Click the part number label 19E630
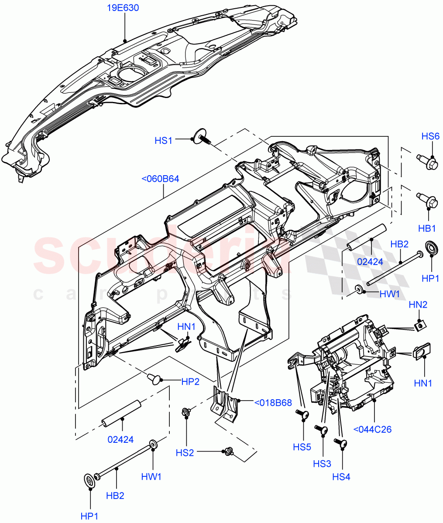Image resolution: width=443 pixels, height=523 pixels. [x=124, y=8]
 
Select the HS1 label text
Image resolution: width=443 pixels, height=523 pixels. [x=163, y=140]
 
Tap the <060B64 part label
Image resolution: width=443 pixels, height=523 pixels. [x=160, y=179]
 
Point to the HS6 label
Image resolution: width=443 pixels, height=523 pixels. [x=430, y=136]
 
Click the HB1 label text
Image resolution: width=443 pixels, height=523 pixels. [x=428, y=228]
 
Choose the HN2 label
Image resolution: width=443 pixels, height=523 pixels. [x=418, y=305]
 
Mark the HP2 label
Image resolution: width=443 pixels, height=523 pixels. [x=190, y=381]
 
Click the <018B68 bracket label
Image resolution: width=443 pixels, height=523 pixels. [x=273, y=402]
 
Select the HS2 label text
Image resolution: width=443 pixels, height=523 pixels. [x=185, y=453]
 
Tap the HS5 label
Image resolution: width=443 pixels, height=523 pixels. [x=302, y=447]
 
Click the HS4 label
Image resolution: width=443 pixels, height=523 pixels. [x=341, y=477]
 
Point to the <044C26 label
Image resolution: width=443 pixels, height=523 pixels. [x=372, y=429]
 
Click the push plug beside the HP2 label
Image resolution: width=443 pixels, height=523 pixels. [x=154, y=378]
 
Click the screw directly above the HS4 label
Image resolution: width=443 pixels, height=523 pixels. [x=341, y=444]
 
